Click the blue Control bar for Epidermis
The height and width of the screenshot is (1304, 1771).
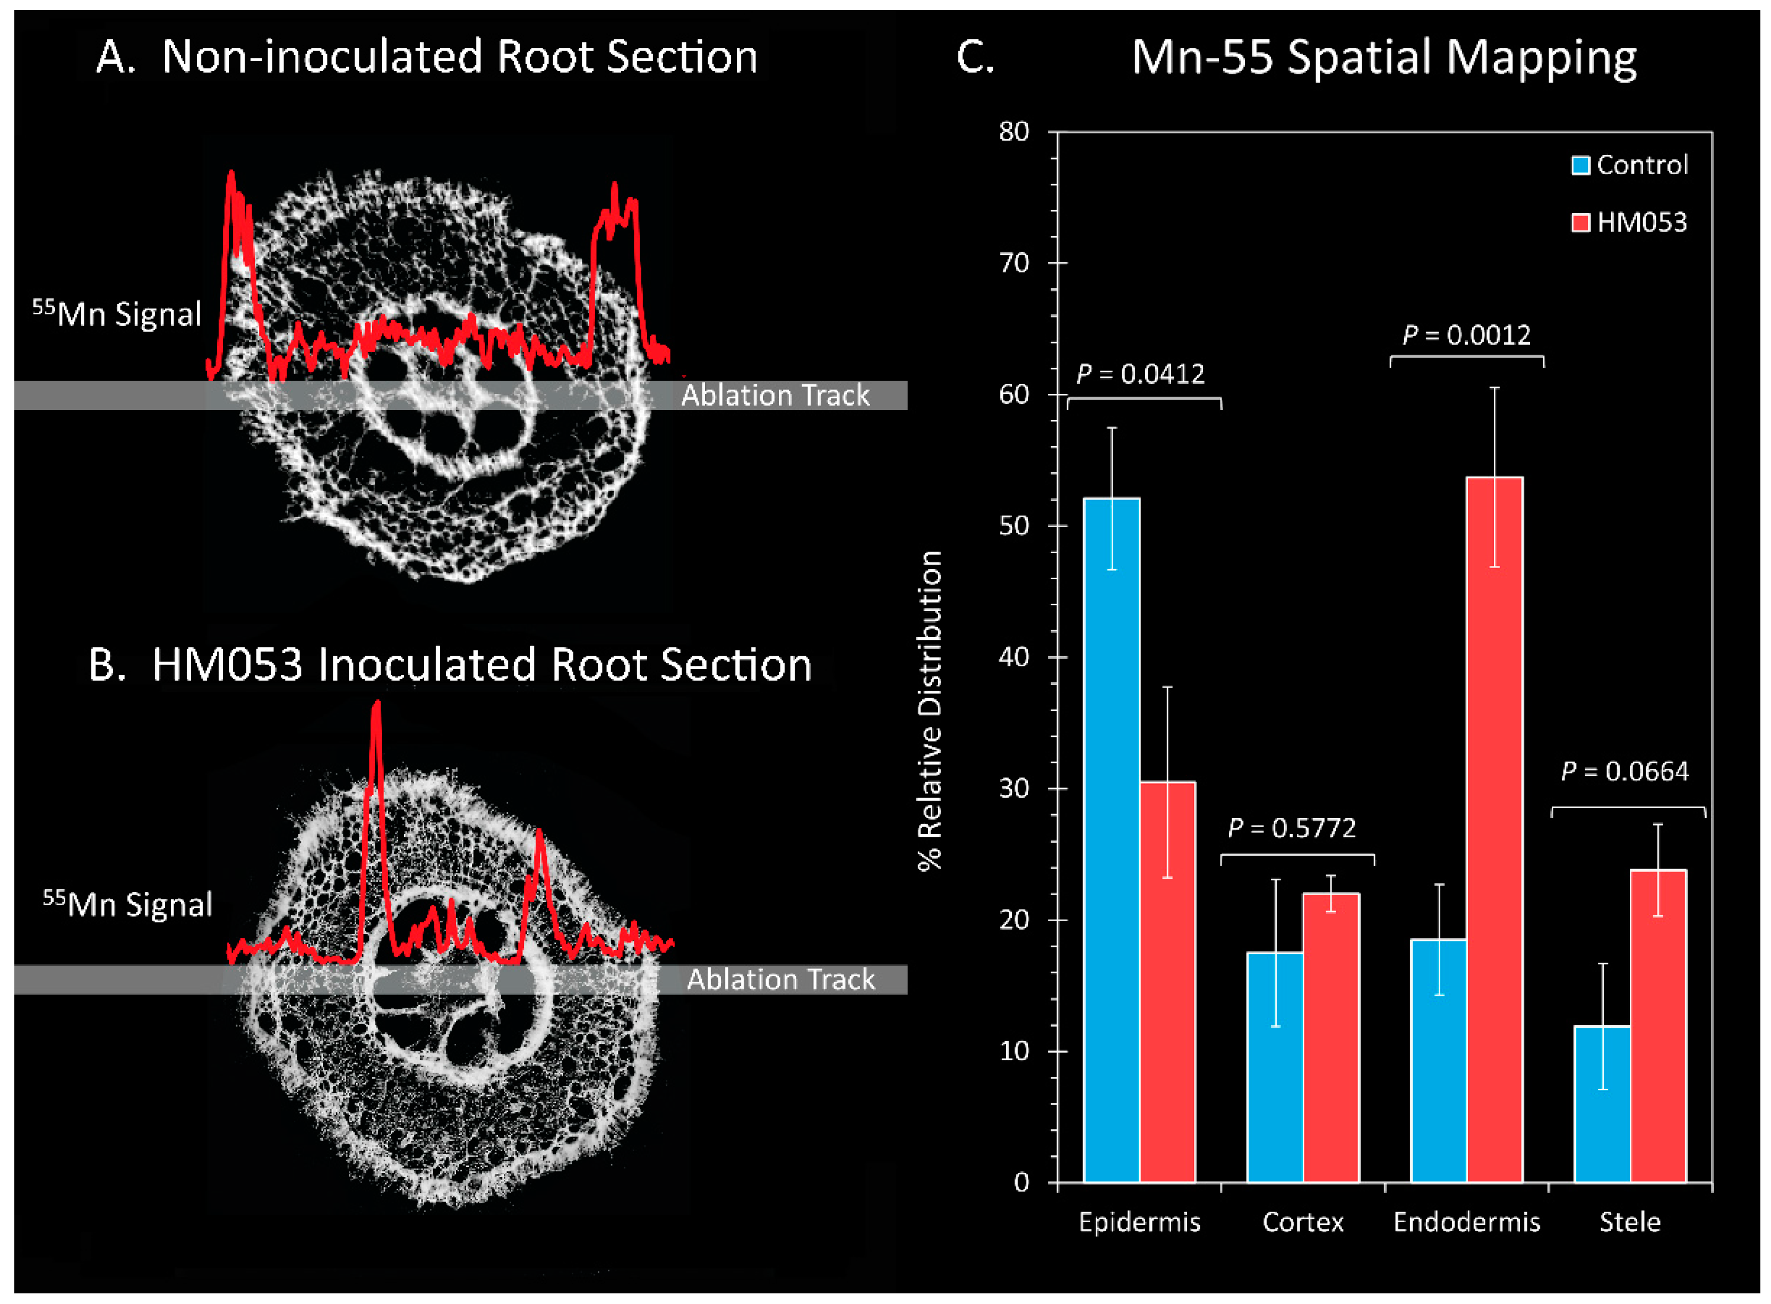1111,840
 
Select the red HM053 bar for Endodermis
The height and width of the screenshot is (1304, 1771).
1494,829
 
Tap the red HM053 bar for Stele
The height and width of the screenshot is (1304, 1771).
1657,1026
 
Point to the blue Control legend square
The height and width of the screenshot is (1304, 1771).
1580,165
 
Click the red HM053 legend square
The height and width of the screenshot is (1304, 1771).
1580,222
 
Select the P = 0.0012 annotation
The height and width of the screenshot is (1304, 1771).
1466,336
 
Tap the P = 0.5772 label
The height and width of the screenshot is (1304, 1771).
1292,828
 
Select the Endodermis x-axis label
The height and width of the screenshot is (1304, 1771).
1466,1222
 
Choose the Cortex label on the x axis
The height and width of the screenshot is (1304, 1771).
1303,1222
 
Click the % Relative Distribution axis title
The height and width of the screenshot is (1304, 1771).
931,710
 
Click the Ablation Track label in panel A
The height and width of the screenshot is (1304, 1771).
775,396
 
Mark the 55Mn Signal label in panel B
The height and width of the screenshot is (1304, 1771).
128,904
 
